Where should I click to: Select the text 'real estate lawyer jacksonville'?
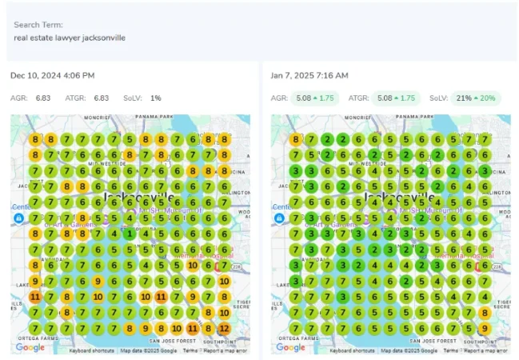click(x=70, y=38)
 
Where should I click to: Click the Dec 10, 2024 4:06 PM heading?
click(x=53, y=76)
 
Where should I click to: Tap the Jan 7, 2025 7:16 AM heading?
click(x=309, y=76)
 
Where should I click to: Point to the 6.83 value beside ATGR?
click(x=102, y=98)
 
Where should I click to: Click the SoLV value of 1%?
click(x=156, y=98)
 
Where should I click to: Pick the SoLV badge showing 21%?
click(x=472, y=98)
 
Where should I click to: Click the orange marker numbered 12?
click(x=224, y=328)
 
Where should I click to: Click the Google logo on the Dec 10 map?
click(x=30, y=347)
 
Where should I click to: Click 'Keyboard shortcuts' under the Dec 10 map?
click(x=92, y=350)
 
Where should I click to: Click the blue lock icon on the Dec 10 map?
click(x=18, y=218)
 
